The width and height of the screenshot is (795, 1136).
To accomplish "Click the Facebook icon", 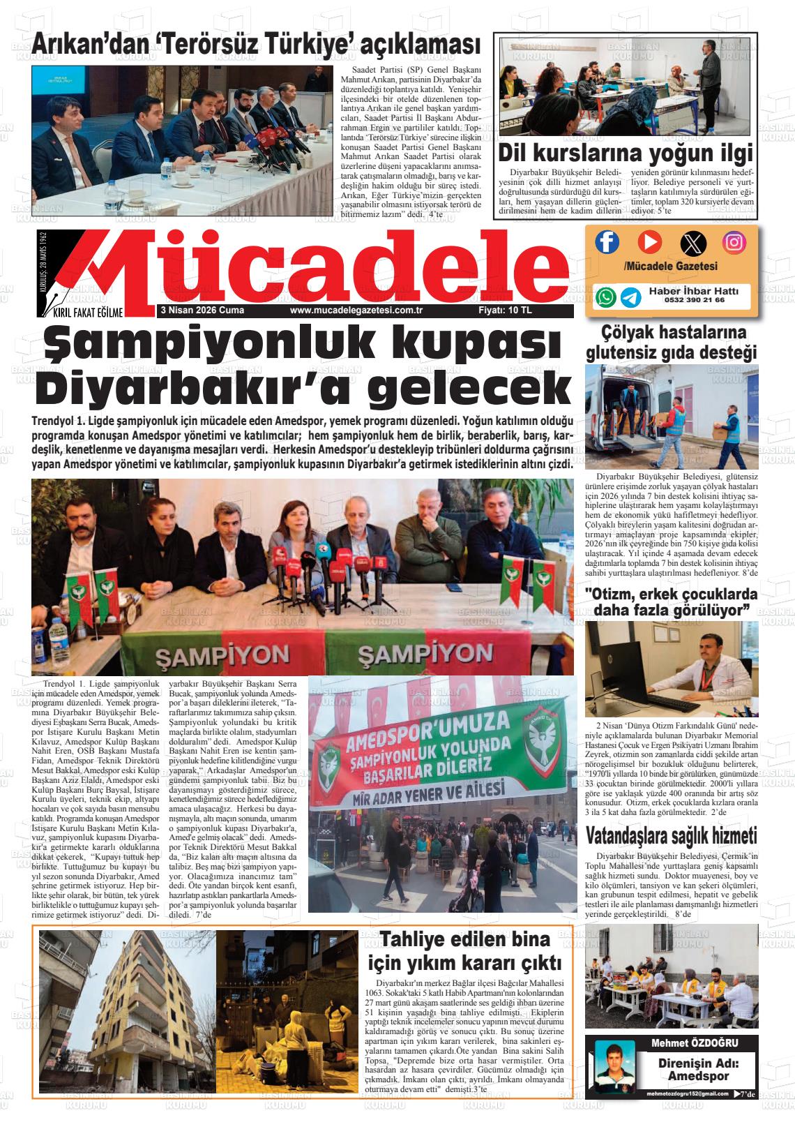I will pyautogui.click(x=607, y=242).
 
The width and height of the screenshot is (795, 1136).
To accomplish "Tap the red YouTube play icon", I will pyautogui.click(x=650, y=242).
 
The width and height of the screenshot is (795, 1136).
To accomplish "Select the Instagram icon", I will pyautogui.click(x=734, y=242).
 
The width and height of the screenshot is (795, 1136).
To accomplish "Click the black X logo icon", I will pyautogui.click(x=692, y=244).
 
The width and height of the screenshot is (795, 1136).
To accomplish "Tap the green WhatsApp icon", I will pyautogui.click(x=607, y=297).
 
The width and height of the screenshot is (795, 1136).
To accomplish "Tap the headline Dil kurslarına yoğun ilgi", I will pyautogui.click(x=626, y=154).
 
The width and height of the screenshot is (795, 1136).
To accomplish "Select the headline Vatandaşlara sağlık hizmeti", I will pyautogui.click(x=671, y=835).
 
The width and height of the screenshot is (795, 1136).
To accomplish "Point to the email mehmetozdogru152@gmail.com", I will pyautogui.click(x=687, y=1093).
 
